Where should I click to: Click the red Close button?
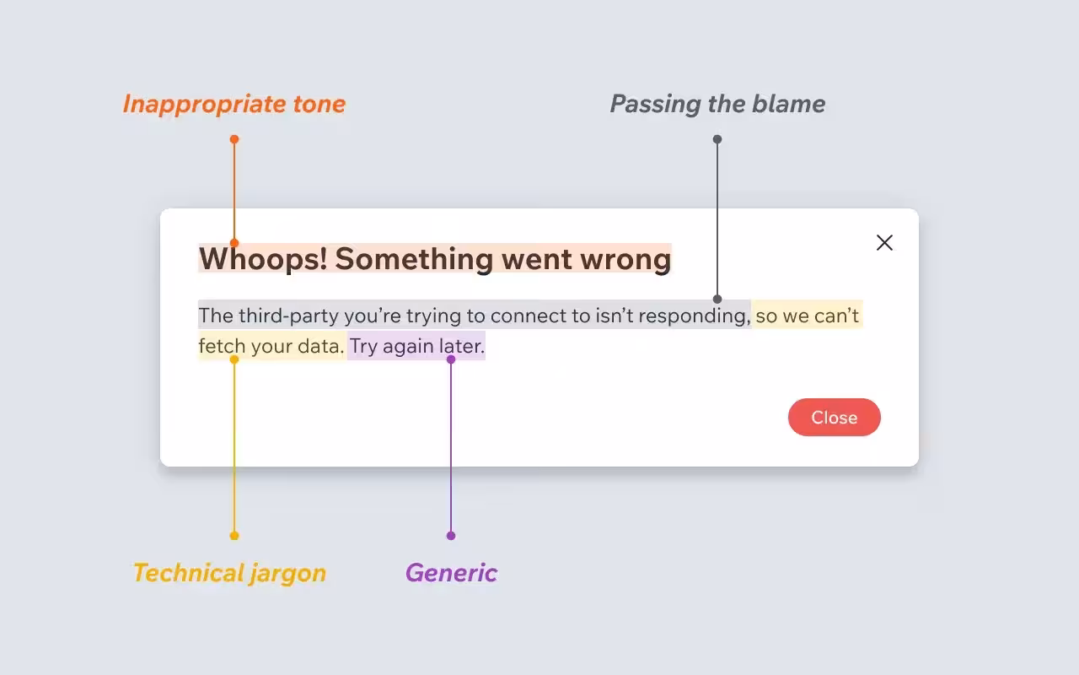click(x=834, y=418)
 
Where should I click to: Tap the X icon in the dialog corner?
click(x=884, y=243)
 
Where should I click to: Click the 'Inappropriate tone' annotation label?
click(x=234, y=104)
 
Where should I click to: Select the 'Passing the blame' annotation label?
click(x=717, y=104)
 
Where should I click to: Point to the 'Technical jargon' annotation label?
click(x=229, y=573)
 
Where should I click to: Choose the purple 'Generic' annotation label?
click(x=451, y=573)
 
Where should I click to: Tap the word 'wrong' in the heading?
click(x=625, y=259)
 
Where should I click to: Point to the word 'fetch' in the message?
click(x=222, y=346)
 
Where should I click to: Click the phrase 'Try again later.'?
click(x=417, y=346)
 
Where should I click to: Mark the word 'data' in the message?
click(x=319, y=346)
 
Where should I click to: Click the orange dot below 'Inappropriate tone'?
click(x=234, y=139)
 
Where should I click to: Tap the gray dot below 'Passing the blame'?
click(x=717, y=139)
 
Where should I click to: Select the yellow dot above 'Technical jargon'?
click(x=234, y=536)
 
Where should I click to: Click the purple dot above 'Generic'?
click(x=451, y=536)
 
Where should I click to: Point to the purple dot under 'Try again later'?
click(x=451, y=359)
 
